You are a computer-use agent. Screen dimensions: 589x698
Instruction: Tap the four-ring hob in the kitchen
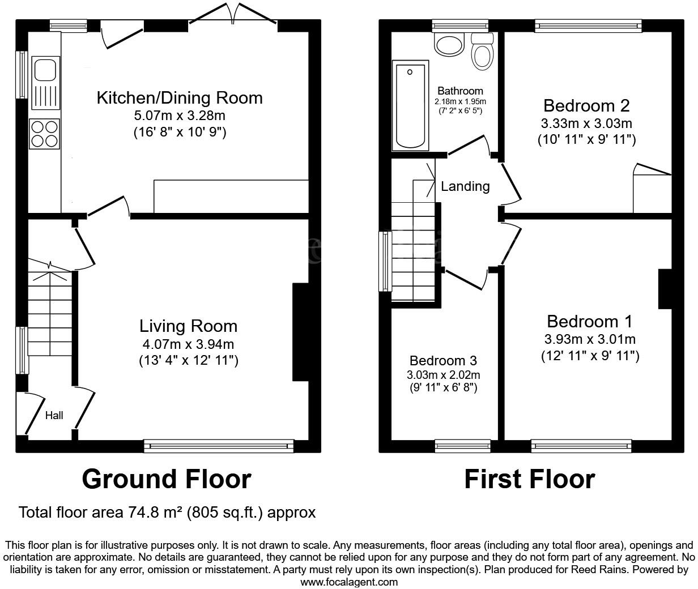(45, 134)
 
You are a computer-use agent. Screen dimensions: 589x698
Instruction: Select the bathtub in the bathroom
(410, 106)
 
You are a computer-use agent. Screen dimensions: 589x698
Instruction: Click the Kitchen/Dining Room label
(180, 97)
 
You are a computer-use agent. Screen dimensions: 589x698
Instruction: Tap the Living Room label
(188, 326)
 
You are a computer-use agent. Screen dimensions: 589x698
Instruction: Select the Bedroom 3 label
(443, 361)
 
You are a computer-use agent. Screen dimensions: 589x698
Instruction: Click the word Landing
(465, 186)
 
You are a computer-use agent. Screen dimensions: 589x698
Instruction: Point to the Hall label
(54, 416)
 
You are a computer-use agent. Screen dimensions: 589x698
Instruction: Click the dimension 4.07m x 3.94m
(188, 344)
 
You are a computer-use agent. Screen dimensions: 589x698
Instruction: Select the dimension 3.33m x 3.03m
(586, 123)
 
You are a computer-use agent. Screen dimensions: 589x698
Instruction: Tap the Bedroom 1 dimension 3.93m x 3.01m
(589, 340)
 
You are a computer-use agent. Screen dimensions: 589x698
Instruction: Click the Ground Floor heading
(166, 479)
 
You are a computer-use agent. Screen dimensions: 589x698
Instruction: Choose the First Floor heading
(529, 479)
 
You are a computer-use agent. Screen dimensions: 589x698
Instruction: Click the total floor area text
(167, 513)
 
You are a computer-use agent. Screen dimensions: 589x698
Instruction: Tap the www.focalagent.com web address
(348, 582)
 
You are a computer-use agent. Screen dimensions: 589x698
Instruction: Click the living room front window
(219, 446)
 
